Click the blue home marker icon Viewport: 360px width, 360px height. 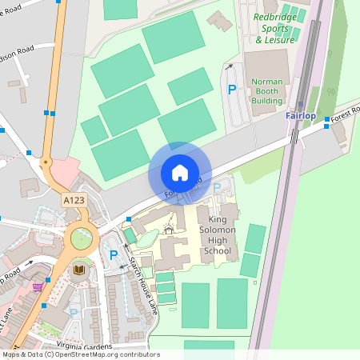[x=180, y=173]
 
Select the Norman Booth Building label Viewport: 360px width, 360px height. [x=266, y=91]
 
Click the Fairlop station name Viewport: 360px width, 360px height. [x=301, y=116]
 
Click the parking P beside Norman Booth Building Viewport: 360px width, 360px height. [x=232, y=90]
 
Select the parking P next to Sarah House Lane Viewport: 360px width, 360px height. [x=114, y=256]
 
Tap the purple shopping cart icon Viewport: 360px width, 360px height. [x=38, y=286]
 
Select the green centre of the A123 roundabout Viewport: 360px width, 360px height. [x=82, y=238]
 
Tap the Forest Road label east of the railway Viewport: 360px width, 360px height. [x=343, y=114]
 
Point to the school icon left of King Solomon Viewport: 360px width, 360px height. [x=169, y=230]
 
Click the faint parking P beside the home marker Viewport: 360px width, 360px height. [x=217, y=188]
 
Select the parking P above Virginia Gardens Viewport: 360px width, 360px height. [x=74, y=311]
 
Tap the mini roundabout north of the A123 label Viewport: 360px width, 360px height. [x=46, y=162]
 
